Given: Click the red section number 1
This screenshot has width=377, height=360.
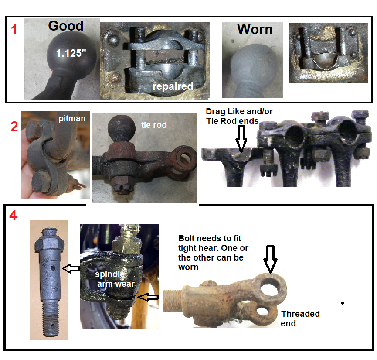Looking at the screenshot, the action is pos(14,30).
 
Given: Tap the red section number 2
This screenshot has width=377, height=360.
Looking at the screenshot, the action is pos(14,127).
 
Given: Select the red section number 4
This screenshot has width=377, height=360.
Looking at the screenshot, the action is pos(13,216).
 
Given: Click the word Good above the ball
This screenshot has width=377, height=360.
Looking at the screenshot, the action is pos(66,26).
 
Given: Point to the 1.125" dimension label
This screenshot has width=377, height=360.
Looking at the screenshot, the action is pos(71,53).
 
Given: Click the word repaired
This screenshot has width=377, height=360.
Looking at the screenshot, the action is pos(173,86).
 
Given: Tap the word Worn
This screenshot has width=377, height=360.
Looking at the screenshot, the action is pos(255,29).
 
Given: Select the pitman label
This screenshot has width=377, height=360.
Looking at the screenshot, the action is pos(72,119).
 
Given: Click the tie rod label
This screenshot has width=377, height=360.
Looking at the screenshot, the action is pos(154,125).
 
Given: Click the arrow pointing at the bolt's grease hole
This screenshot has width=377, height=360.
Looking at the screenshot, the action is pos(71,268).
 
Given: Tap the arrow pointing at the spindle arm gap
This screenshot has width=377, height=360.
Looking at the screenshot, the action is pos(148,297).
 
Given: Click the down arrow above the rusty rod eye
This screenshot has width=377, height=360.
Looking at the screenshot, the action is pos(271,259).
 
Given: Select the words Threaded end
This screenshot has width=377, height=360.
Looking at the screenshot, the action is pos(300,319).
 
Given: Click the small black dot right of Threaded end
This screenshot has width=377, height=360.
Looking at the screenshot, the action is pos(343,303).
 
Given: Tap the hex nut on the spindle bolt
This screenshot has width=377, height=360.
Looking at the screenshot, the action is pos(50,243).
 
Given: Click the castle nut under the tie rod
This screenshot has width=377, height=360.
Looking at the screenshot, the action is pos(123,187).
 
